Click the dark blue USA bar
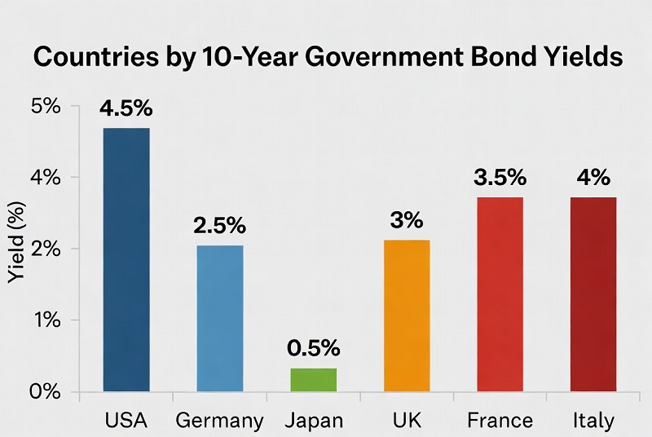coord(126,259)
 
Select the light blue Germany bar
coord(219,318)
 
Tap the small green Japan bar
coord(313,379)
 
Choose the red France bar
coord(500,294)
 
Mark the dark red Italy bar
coord(593,294)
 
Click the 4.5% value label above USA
coord(127,109)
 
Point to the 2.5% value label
coord(220,226)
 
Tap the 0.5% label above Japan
coord(313,348)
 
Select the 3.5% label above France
coord(500,178)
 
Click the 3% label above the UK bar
coord(406,220)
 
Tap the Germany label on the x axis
coord(220,421)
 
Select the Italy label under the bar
coord(593,421)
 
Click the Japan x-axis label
coord(314,421)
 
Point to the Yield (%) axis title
coord(15,249)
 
